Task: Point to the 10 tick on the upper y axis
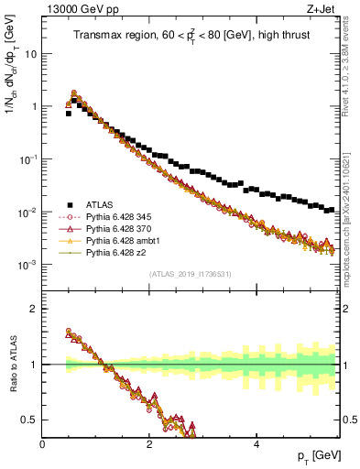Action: point(30,53)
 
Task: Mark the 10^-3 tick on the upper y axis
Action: point(27,265)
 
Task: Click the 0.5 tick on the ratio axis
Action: point(29,420)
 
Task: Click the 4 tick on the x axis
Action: point(256,443)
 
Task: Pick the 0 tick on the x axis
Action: point(42,443)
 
